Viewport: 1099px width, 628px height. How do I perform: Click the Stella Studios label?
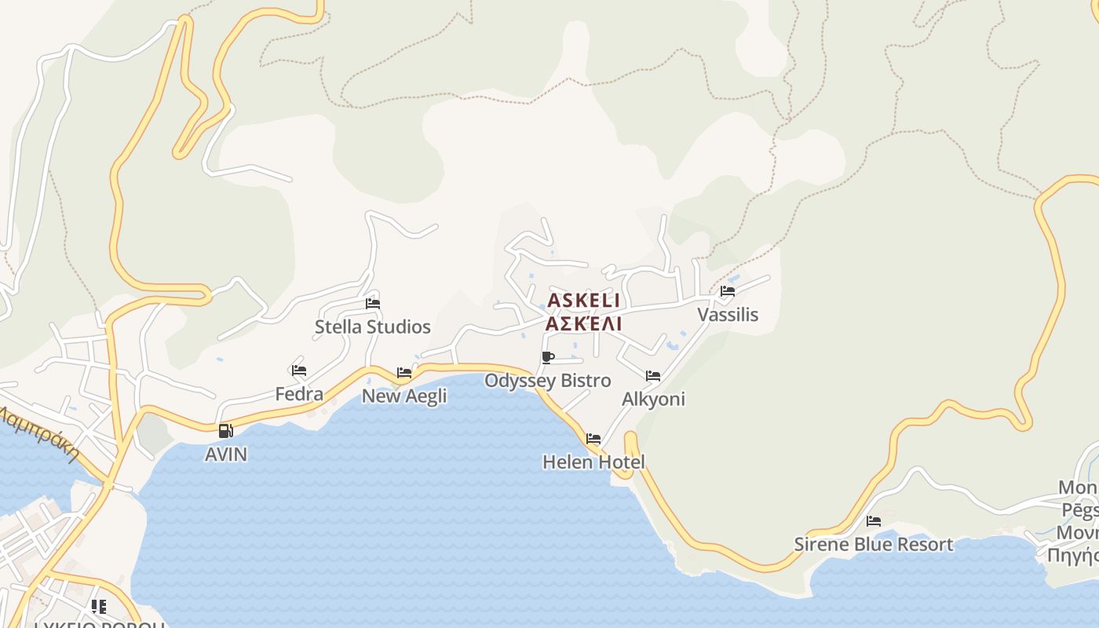click(373, 327)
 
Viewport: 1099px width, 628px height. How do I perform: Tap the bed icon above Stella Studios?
click(373, 304)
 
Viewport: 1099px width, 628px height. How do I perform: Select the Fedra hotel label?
click(299, 393)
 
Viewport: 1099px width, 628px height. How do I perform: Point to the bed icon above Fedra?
click(299, 371)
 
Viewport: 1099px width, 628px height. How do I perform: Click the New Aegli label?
click(404, 396)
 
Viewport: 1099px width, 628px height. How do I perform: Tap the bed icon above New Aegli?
click(404, 373)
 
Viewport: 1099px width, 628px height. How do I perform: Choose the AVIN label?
click(226, 454)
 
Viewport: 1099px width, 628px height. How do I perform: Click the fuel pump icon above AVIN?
click(226, 430)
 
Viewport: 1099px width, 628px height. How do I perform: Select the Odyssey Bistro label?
click(548, 381)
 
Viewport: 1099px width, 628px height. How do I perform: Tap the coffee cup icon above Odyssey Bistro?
click(548, 358)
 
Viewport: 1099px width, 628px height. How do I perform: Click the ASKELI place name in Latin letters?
click(583, 301)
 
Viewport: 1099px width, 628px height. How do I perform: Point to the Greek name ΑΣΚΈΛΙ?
click(583, 323)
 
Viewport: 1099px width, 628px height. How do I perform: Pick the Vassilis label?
click(728, 315)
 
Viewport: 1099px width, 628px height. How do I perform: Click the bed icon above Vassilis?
click(728, 291)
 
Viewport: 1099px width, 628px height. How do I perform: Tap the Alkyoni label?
click(653, 399)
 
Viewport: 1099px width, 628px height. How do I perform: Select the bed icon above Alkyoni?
click(653, 376)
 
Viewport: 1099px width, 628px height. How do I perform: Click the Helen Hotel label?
click(593, 462)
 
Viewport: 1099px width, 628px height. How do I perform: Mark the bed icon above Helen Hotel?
click(593, 439)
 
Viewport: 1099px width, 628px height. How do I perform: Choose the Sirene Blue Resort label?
click(874, 544)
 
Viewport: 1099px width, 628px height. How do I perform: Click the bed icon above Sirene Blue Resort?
click(874, 521)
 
